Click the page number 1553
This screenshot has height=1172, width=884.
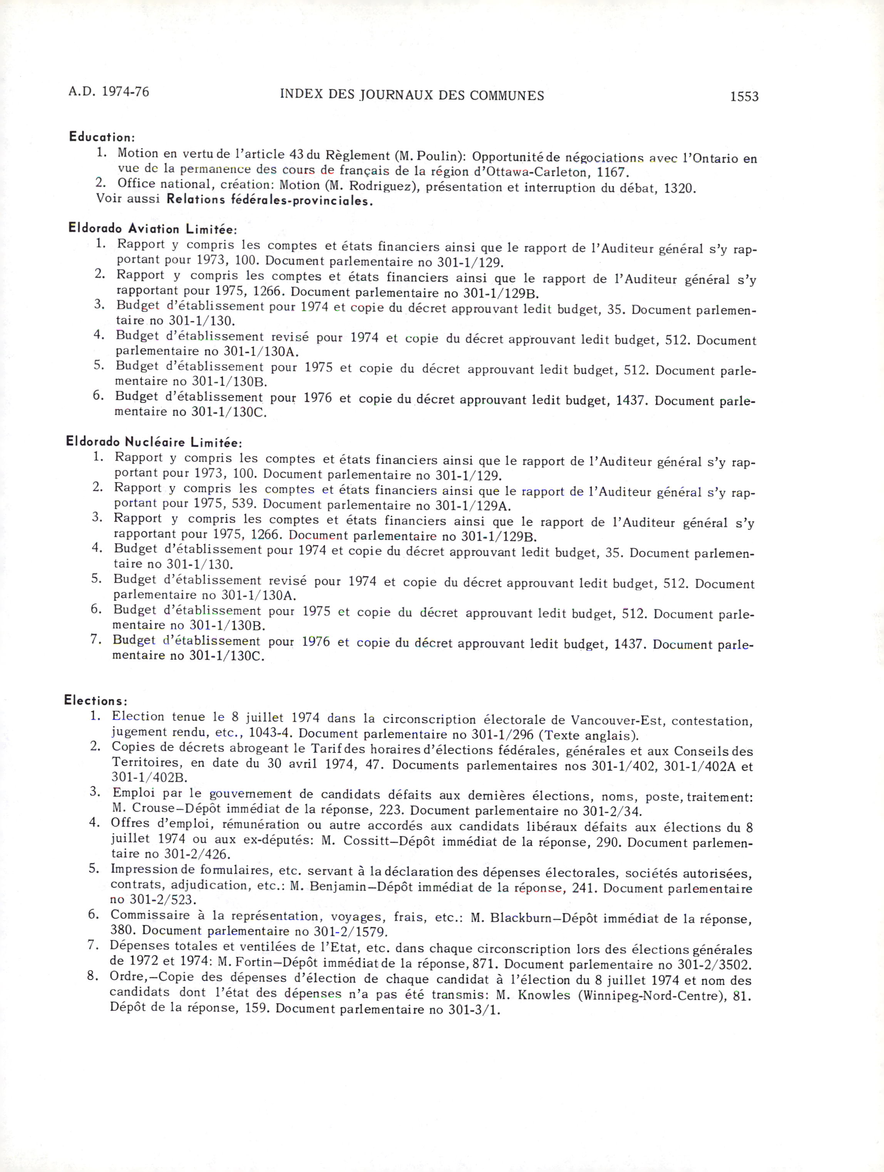744,97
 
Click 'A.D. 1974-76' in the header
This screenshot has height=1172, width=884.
109,92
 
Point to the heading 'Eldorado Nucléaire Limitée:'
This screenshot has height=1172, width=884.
154,442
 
